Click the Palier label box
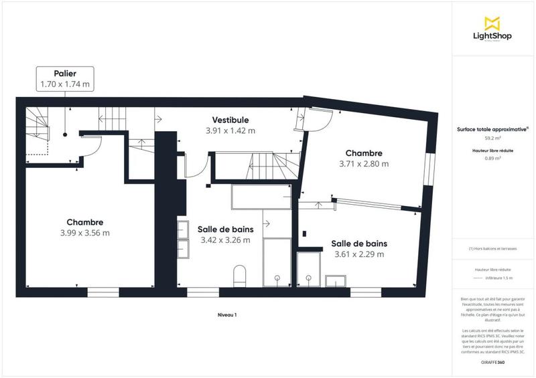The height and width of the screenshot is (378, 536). [x=65, y=78]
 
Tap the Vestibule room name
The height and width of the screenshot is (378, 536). [x=230, y=119]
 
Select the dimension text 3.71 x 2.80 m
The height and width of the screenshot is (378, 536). [x=363, y=163]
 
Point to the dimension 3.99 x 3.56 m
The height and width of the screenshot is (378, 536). [x=84, y=233]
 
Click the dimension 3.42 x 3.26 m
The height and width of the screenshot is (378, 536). [x=224, y=240]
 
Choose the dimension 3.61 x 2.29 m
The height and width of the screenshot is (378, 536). [x=360, y=254]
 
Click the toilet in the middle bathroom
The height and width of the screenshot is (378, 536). [x=239, y=274]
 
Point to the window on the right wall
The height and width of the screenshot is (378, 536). [x=427, y=171]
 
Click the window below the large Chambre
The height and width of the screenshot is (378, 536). [x=103, y=292]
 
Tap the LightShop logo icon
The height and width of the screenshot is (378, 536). [x=493, y=23]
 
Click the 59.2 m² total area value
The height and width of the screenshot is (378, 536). [x=493, y=138]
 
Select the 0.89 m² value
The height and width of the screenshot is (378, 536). [x=493, y=159]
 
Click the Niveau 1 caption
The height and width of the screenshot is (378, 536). [x=228, y=314]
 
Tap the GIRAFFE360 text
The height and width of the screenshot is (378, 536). [x=492, y=362]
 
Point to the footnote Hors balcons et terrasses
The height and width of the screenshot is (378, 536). [x=493, y=248]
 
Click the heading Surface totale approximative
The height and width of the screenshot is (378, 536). [x=492, y=130]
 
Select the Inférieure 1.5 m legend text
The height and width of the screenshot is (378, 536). [x=500, y=278]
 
